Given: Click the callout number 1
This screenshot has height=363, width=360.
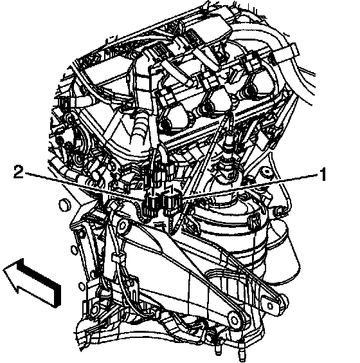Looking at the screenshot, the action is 323,174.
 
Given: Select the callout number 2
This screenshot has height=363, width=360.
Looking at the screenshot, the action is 18,172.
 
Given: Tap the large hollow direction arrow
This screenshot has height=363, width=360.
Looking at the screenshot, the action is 32,282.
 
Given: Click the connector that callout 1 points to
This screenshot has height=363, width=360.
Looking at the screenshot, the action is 172,201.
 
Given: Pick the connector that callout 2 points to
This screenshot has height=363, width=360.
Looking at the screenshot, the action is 150,204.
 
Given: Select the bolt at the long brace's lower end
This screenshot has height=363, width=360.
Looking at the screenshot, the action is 235,320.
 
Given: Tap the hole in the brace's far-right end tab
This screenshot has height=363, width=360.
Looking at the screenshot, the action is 270,306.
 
